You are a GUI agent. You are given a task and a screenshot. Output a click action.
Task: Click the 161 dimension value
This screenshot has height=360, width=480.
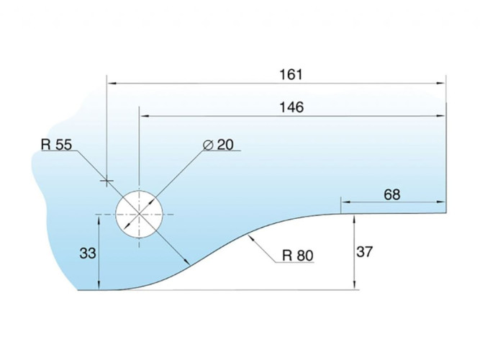pyautogui.click(x=291, y=74)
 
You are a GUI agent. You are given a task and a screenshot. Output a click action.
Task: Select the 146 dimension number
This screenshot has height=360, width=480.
pyautogui.click(x=291, y=107)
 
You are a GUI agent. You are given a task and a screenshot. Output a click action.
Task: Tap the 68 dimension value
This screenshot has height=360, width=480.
pyautogui.click(x=391, y=194)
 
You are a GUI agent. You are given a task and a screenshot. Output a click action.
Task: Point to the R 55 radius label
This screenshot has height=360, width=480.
pyautogui.click(x=56, y=145)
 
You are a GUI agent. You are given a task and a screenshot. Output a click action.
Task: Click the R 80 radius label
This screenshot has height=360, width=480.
pyautogui.click(x=297, y=256)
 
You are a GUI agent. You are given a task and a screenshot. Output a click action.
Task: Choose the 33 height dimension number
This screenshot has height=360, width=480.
pyautogui.click(x=88, y=253)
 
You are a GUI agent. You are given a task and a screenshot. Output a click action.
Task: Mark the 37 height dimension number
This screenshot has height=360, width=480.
pyautogui.click(x=364, y=252)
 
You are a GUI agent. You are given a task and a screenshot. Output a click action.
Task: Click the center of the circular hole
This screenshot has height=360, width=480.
pyautogui.click(x=140, y=214)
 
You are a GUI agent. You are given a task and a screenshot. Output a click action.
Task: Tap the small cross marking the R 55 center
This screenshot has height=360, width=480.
pyautogui.click(x=107, y=181)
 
